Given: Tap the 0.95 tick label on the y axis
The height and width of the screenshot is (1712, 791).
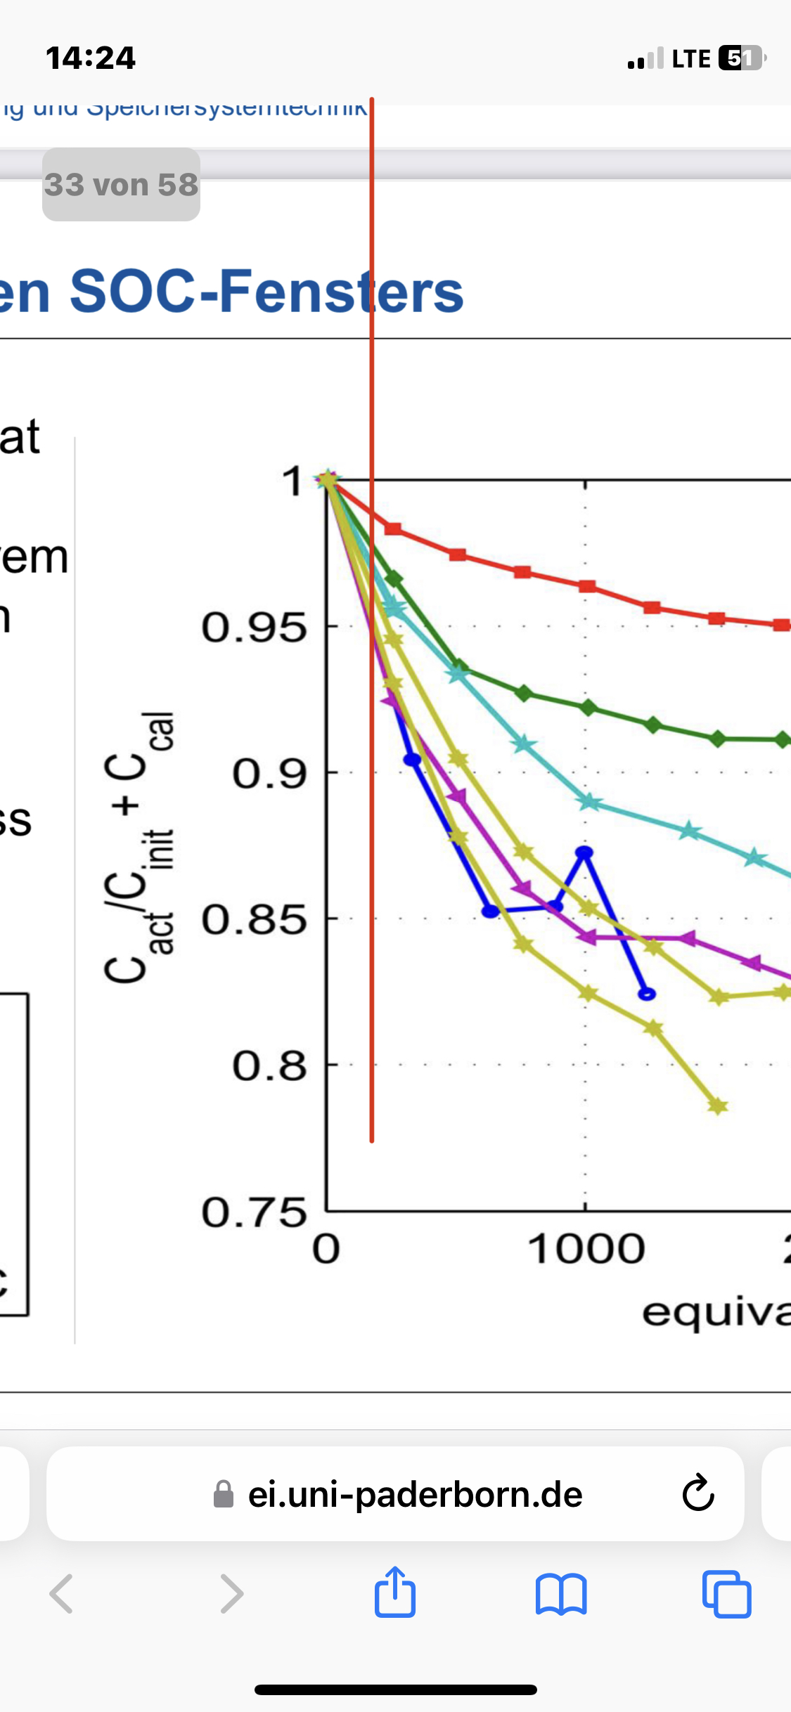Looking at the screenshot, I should [254, 628].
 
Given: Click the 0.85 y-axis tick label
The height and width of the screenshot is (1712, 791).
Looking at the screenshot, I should [254, 920].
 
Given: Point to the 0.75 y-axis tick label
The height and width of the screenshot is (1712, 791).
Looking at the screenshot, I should [254, 1213].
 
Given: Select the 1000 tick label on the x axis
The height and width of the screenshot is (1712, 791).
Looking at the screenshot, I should [586, 1250].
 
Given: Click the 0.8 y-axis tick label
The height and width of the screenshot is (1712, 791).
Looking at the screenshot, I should [269, 1066].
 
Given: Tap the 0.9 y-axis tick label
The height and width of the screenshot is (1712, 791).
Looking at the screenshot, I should [269, 774].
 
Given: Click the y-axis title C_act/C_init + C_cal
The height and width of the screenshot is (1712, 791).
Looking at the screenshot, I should [139, 847].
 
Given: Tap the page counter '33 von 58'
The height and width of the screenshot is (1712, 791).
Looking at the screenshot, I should [121, 185].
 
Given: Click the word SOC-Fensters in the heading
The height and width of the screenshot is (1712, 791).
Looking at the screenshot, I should [267, 292].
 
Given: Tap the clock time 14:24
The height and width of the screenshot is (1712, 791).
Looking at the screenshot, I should [91, 58].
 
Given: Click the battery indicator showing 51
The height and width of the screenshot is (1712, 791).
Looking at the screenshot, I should [741, 58].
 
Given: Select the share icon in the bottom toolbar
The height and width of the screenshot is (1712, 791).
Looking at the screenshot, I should [395, 1593].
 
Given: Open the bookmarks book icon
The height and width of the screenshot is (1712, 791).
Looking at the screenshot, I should [560, 1594].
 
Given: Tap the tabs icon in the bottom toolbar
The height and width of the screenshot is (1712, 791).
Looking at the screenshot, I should [726, 1594].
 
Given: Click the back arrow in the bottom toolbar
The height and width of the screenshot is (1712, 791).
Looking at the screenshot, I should [62, 1594].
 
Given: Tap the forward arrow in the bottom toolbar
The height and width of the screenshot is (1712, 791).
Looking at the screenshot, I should [231, 1594].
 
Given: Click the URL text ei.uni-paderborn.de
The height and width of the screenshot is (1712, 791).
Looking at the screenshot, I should [415, 1494].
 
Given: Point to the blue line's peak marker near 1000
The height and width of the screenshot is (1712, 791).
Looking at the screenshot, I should [584, 852].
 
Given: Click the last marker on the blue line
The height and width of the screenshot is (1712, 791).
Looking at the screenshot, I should [647, 994].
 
